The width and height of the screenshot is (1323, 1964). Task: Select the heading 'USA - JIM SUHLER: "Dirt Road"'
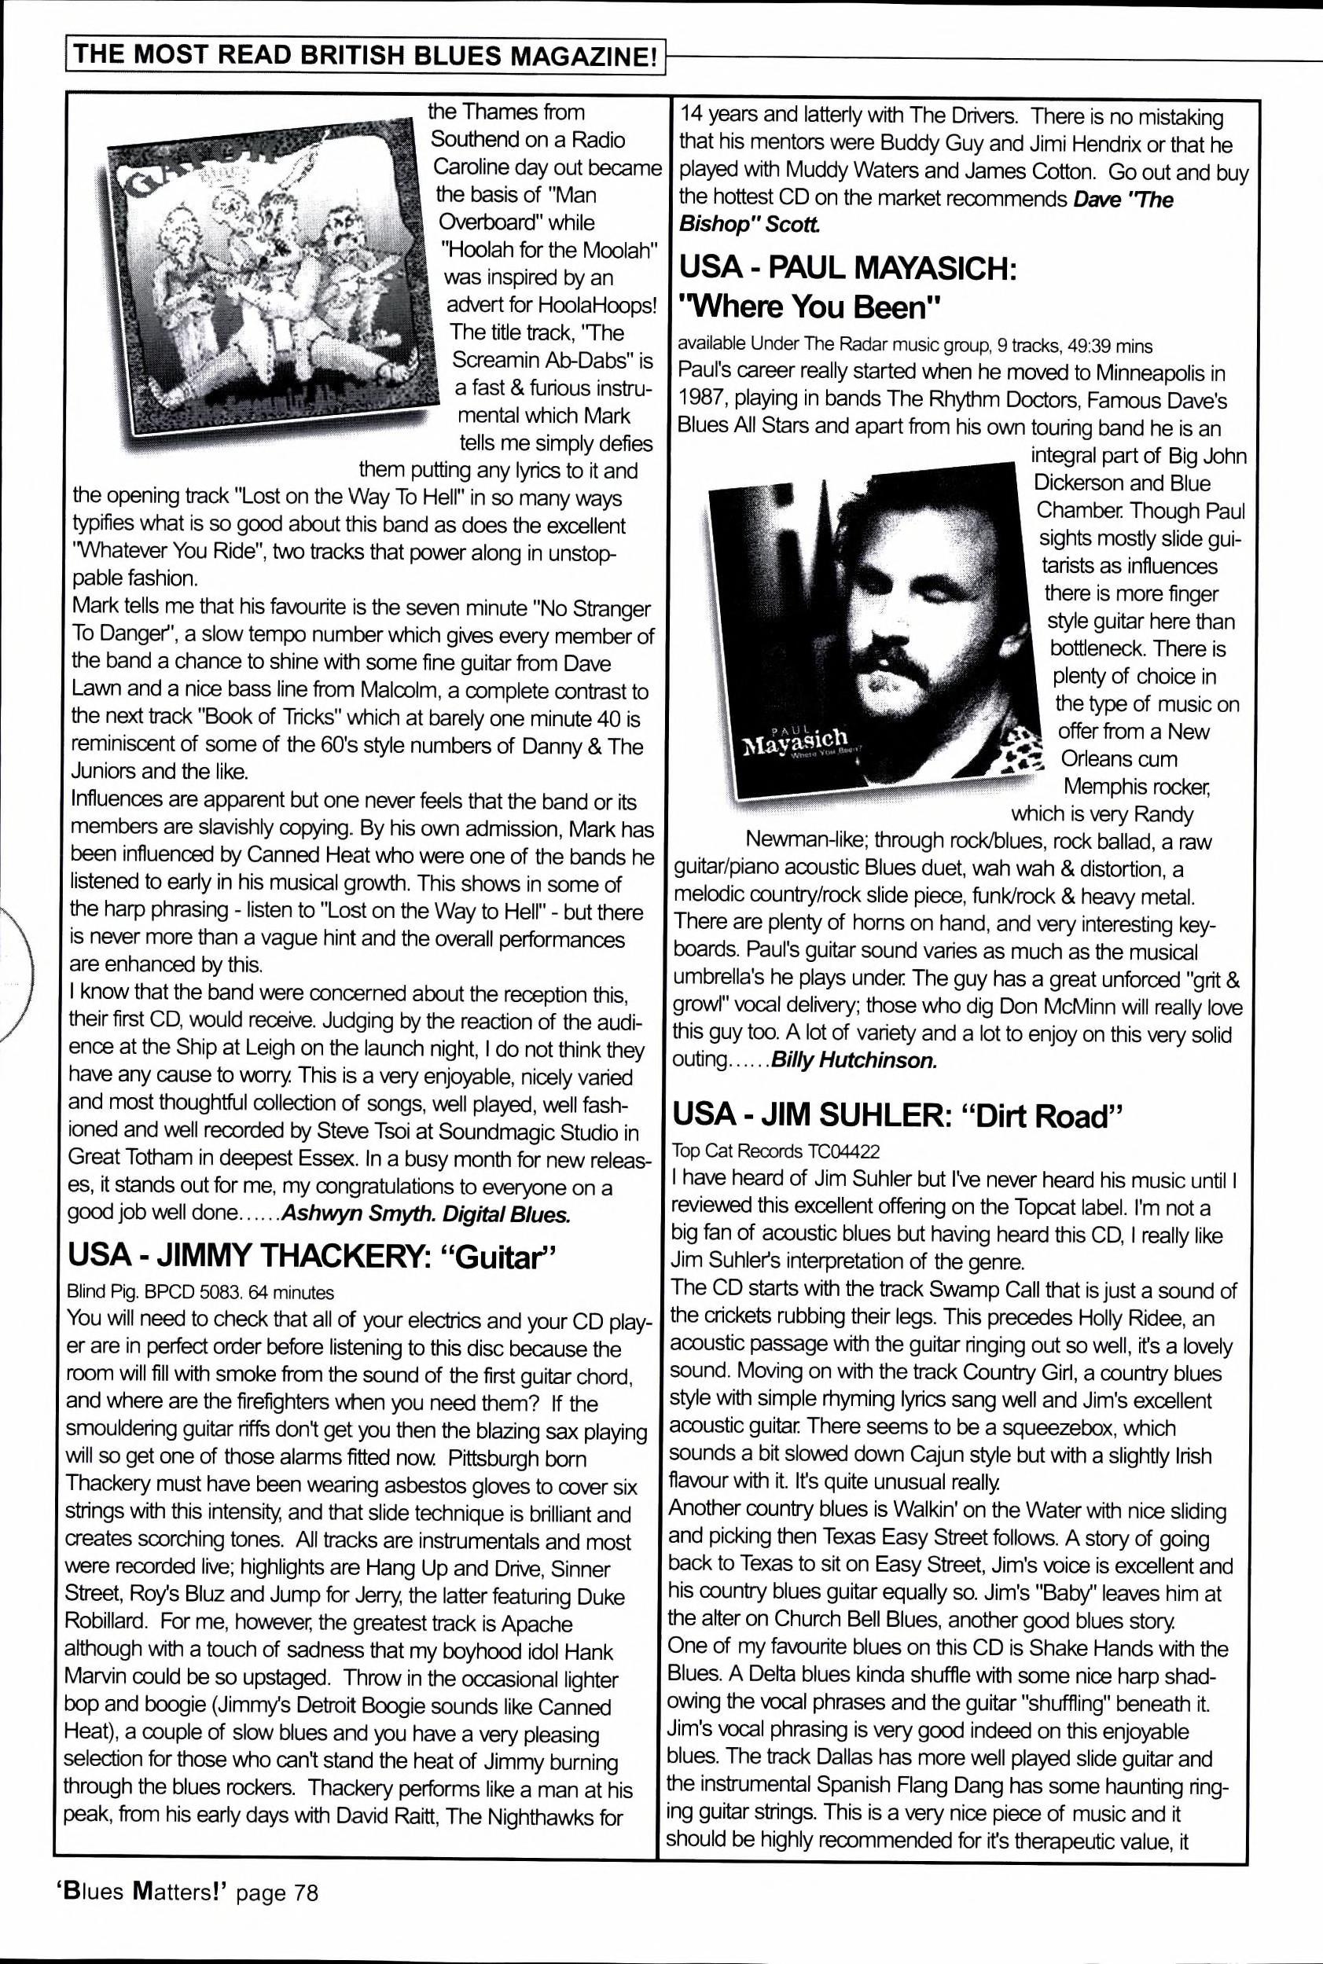(899, 1115)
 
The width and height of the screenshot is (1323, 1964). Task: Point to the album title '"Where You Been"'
(810, 307)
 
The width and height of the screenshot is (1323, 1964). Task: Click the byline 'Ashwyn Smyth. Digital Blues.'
(425, 1214)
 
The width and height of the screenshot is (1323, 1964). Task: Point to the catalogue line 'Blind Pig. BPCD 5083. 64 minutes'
(200, 1291)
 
